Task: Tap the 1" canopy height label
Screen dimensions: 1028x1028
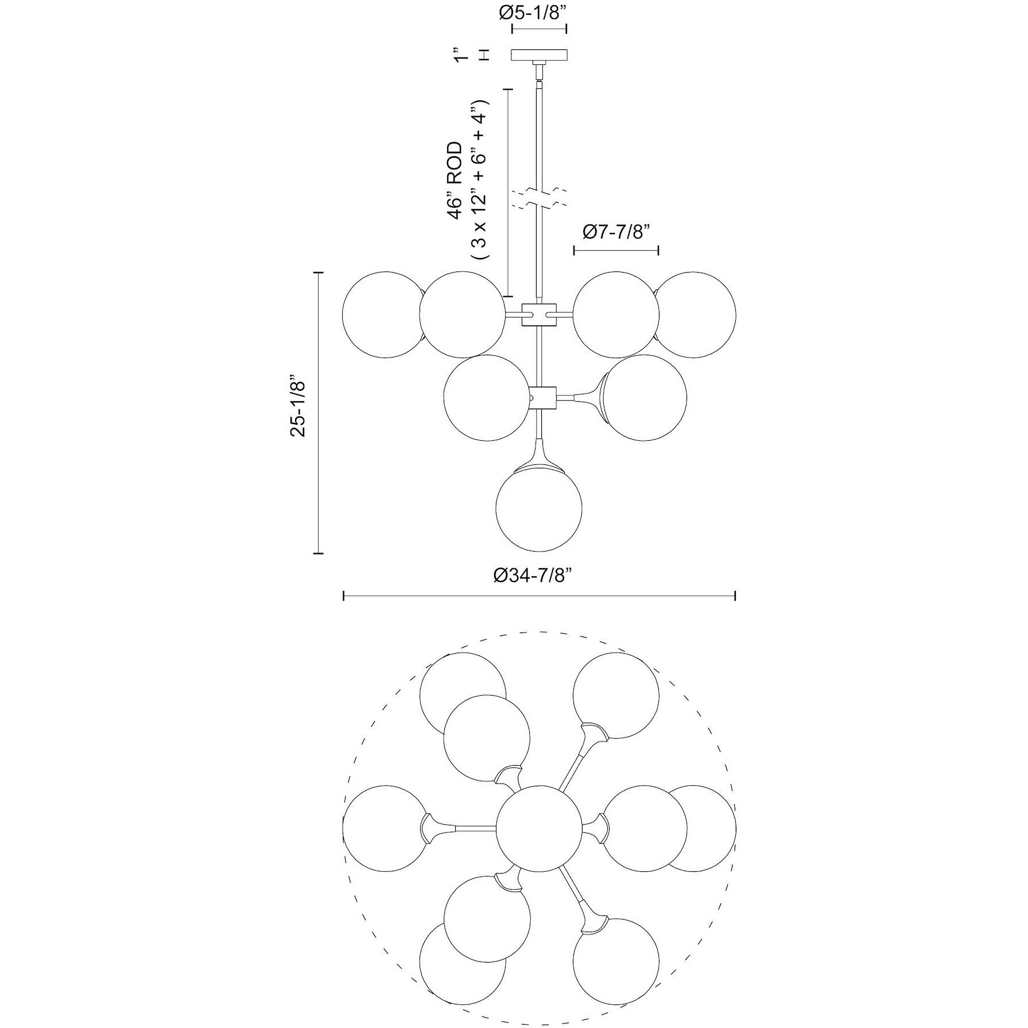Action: point(459,55)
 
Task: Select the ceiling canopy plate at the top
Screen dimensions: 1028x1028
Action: point(540,55)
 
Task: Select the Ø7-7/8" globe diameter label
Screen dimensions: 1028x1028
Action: point(615,232)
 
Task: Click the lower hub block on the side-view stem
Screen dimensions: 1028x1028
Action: point(542,397)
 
